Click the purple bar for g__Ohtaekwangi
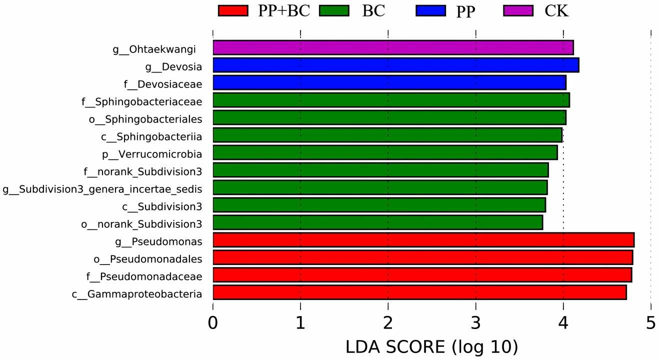click(393, 47)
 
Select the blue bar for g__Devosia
click(395, 65)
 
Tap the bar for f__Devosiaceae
click(389, 82)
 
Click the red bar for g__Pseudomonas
click(423, 240)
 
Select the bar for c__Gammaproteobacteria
click(419, 292)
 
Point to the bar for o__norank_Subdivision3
click(377, 222)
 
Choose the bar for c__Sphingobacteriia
click(387, 135)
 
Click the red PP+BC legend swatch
click(233, 10)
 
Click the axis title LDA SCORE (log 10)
click(431, 346)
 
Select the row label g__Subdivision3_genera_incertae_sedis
click(102, 189)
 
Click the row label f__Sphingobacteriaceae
click(142, 102)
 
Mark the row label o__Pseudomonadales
click(147, 259)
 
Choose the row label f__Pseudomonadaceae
click(144, 276)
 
